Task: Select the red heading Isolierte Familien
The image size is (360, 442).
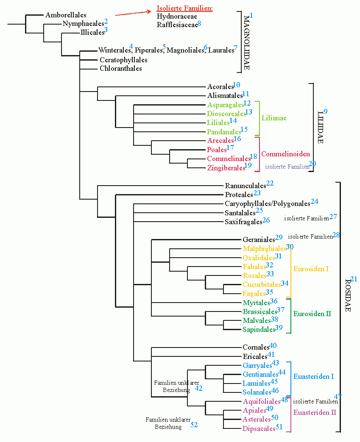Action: (x=184, y=8)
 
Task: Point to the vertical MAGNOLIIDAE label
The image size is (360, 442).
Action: (x=246, y=42)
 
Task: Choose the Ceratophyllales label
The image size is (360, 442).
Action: (x=123, y=60)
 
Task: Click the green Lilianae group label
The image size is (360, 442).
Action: (x=274, y=118)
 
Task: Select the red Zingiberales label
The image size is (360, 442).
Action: (x=226, y=168)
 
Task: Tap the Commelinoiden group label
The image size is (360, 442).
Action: (x=285, y=154)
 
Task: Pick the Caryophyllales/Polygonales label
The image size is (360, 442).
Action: (x=267, y=204)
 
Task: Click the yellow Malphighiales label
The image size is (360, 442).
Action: (x=264, y=248)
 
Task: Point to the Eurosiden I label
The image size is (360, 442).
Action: (x=311, y=269)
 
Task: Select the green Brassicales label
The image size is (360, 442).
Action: (x=260, y=311)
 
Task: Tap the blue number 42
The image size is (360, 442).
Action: (x=198, y=388)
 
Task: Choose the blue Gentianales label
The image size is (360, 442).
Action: (x=260, y=374)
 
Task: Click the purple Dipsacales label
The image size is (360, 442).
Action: (x=259, y=428)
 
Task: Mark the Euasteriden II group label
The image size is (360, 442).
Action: (x=315, y=412)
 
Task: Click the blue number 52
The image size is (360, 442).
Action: (x=194, y=424)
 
